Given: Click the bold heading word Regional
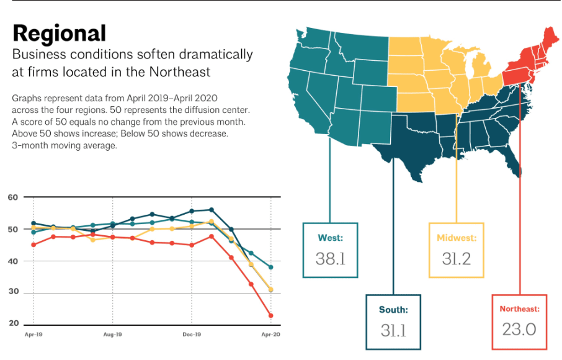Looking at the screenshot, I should click(59, 34).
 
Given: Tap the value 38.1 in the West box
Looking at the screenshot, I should click(330, 259).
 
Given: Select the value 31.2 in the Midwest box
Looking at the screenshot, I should click(457, 259).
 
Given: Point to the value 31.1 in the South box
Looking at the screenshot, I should click(393, 330).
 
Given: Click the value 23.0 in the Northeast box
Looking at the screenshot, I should click(519, 329).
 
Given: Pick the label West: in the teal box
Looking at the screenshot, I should click(330, 238).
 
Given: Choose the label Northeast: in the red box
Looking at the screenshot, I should click(519, 308).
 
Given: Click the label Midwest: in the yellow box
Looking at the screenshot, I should click(457, 238).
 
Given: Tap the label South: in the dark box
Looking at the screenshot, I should click(393, 309).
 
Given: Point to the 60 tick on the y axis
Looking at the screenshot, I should click(13, 197).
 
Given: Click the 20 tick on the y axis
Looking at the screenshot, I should click(13, 324).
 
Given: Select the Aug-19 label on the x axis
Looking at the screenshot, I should click(112, 335).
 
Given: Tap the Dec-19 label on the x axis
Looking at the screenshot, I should click(192, 335).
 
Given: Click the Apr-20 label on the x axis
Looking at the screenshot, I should click(270, 335).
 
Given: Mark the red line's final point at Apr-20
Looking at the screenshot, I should click(270, 315).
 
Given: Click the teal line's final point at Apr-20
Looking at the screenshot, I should click(270, 268).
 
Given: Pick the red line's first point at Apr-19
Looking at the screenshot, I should click(33, 245).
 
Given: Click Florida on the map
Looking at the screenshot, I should click(512, 163).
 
